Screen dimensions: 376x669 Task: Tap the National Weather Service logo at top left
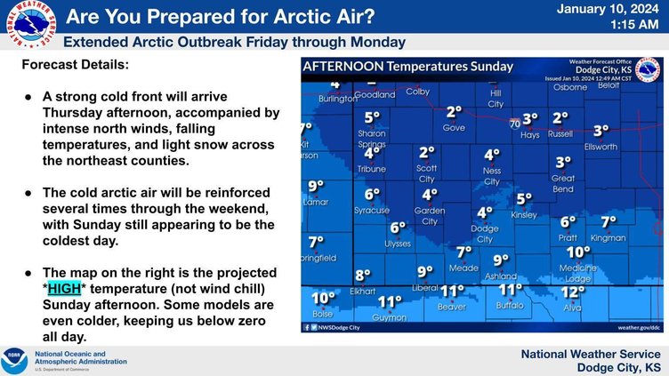click(x=28, y=28)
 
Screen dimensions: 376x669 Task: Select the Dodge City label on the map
click(x=485, y=234)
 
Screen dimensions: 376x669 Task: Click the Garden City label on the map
click(x=430, y=216)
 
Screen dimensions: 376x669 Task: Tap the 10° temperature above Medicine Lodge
click(x=578, y=252)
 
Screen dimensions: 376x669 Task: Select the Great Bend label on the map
click(x=563, y=184)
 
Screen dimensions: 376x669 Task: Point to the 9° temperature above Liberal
click(x=425, y=272)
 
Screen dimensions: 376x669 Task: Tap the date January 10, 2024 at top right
click(x=609, y=10)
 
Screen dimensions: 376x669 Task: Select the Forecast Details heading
click(x=75, y=66)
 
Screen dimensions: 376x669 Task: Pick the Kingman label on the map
click(x=609, y=238)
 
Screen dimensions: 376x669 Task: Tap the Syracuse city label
click(x=372, y=210)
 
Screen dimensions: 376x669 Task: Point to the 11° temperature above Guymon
click(x=390, y=302)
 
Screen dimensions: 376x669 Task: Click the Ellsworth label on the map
click(x=601, y=147)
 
